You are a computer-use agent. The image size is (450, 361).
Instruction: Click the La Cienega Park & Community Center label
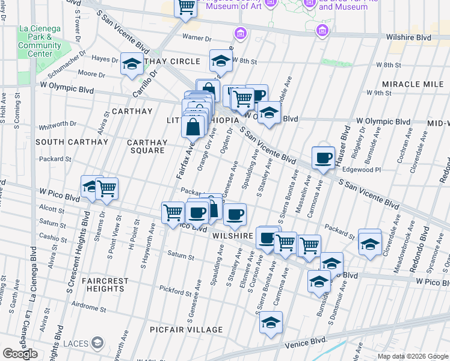40,41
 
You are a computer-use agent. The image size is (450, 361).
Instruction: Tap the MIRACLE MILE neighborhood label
415,84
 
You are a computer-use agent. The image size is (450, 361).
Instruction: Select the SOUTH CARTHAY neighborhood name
72,142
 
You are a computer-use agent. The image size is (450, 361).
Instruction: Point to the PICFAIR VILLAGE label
186,330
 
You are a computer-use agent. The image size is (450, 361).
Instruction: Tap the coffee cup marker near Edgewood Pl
323,158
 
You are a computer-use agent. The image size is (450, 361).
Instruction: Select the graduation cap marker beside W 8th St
221,60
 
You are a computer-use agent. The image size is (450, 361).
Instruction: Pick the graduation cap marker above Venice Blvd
271,322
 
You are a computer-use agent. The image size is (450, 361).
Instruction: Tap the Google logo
20,354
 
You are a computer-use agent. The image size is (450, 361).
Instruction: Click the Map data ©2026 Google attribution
413,356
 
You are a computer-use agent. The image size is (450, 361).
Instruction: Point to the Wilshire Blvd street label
409,37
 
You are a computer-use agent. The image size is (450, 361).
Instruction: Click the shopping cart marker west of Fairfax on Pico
106,188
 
